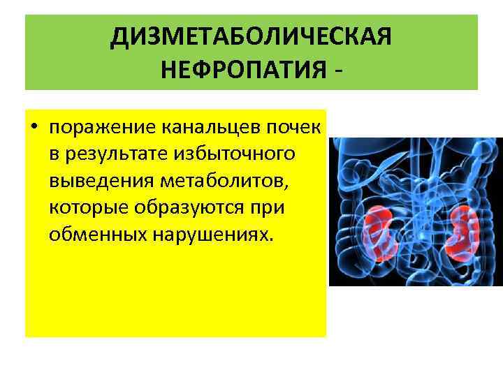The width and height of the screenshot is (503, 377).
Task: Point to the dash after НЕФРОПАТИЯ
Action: pos(339,71)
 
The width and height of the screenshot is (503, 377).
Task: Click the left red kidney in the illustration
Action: pos(377,228)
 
